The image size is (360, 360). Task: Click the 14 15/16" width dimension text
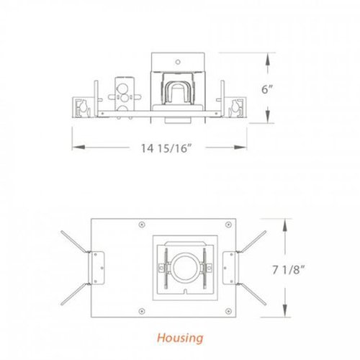166,149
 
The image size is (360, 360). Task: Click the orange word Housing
179,337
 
